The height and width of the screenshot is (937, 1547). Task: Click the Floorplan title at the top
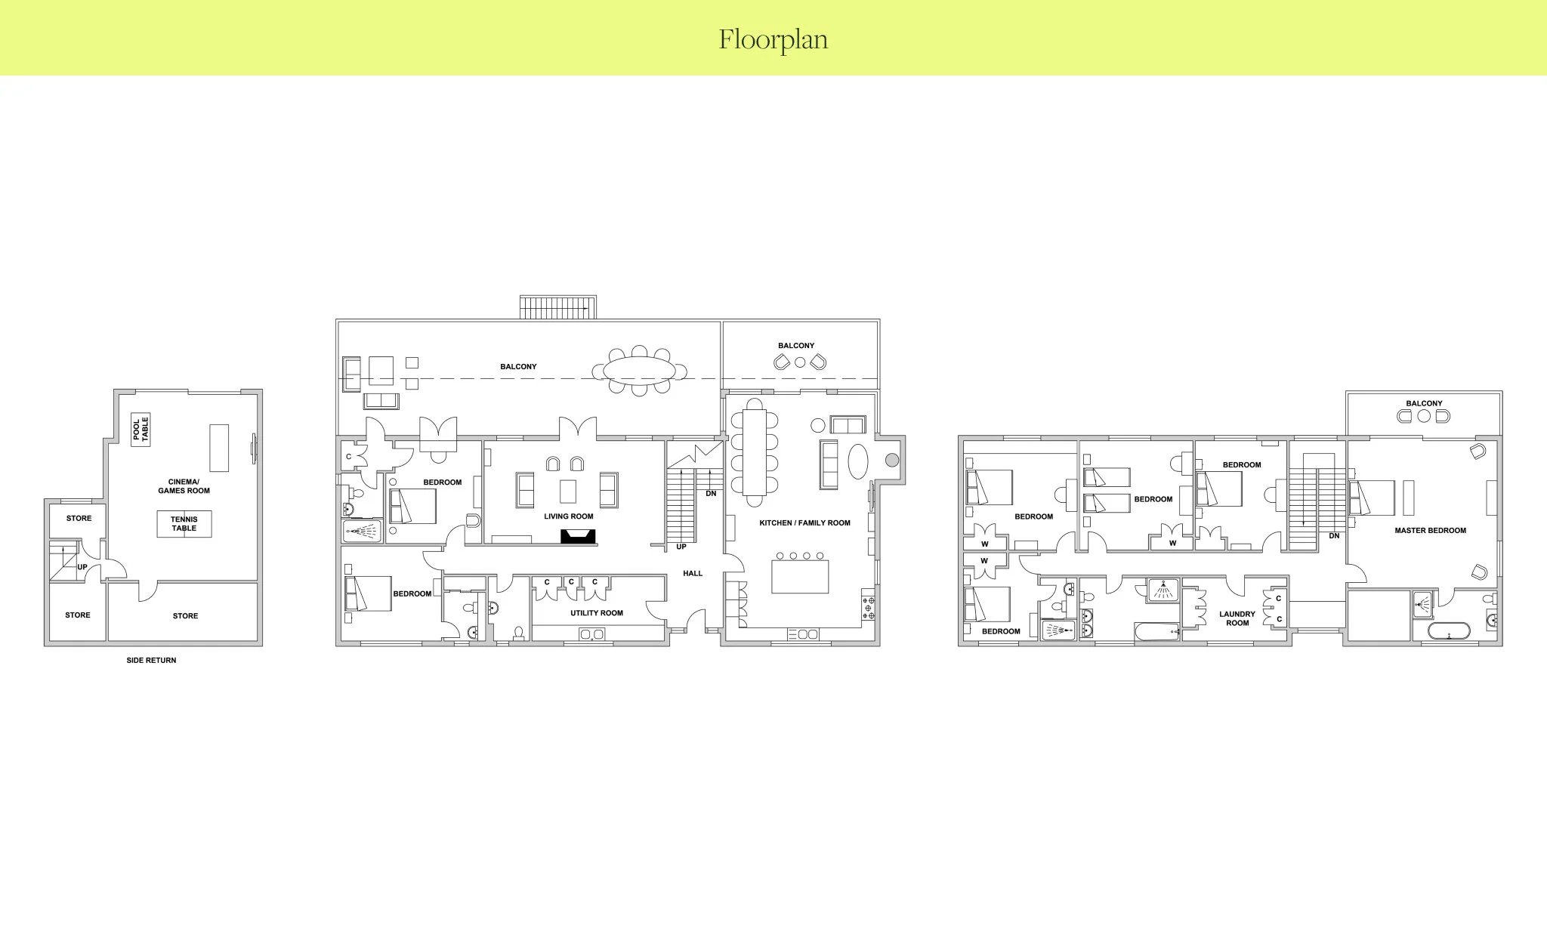[x=773, y=39]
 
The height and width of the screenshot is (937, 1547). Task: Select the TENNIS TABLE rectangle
[x=184, y=524]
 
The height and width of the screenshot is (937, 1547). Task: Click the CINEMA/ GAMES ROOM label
[x=184, y=486]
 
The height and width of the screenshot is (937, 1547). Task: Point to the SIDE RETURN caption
[x=151, y=661]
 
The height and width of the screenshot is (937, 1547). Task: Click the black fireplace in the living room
[x=578, y=537]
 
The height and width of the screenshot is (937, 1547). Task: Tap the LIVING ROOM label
[x=569, y=516]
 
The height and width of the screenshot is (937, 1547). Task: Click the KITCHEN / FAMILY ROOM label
[x=804, y=522]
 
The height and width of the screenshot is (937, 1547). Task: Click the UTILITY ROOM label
[x=597, y=613]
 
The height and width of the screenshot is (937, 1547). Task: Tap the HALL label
[x=693, y=574]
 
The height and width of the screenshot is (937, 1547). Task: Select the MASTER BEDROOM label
[x=1430, y=531]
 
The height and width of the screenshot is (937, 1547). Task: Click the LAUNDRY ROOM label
[x=1237, y=618]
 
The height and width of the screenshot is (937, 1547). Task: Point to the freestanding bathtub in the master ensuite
[x=1449, y=631]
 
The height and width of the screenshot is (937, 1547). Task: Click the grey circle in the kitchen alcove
[x=892, y=460]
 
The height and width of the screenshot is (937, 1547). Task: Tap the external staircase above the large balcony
[x=558, y=308]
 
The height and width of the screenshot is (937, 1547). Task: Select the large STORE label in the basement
[x=185, y=616]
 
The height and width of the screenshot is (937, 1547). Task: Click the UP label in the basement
[x=82, y=567]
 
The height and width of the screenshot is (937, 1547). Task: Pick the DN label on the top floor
[x=1334, y=536]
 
